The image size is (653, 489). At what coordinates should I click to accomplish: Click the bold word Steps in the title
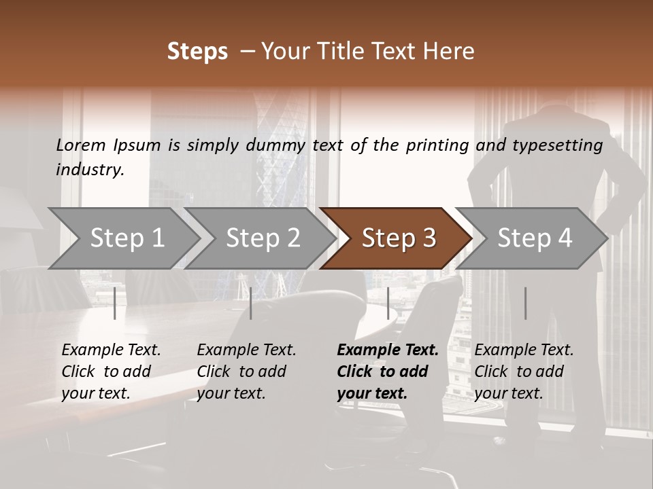pos(197,52)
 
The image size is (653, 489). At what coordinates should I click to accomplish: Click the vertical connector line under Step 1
pos(115,303)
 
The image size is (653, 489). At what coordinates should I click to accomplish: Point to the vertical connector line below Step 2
pos(251,303)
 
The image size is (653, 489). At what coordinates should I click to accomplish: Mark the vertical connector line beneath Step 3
pos(388,303)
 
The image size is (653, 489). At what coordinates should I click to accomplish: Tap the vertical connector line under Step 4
pos(525,303)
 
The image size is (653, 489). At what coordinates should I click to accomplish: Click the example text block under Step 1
pos(110,372)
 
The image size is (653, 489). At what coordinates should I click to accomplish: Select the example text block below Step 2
pos(246,372)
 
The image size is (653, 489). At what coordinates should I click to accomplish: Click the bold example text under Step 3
pos(387,372)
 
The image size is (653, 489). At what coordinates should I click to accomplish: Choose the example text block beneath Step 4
pos(523,372)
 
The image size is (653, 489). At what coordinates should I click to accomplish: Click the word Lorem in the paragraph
pos(80,145)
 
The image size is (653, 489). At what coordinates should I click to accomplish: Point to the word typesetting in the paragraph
pos(557,145)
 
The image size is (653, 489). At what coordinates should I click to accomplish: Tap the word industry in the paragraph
pos(89,170)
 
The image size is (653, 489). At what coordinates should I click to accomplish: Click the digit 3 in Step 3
pos(429,238)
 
